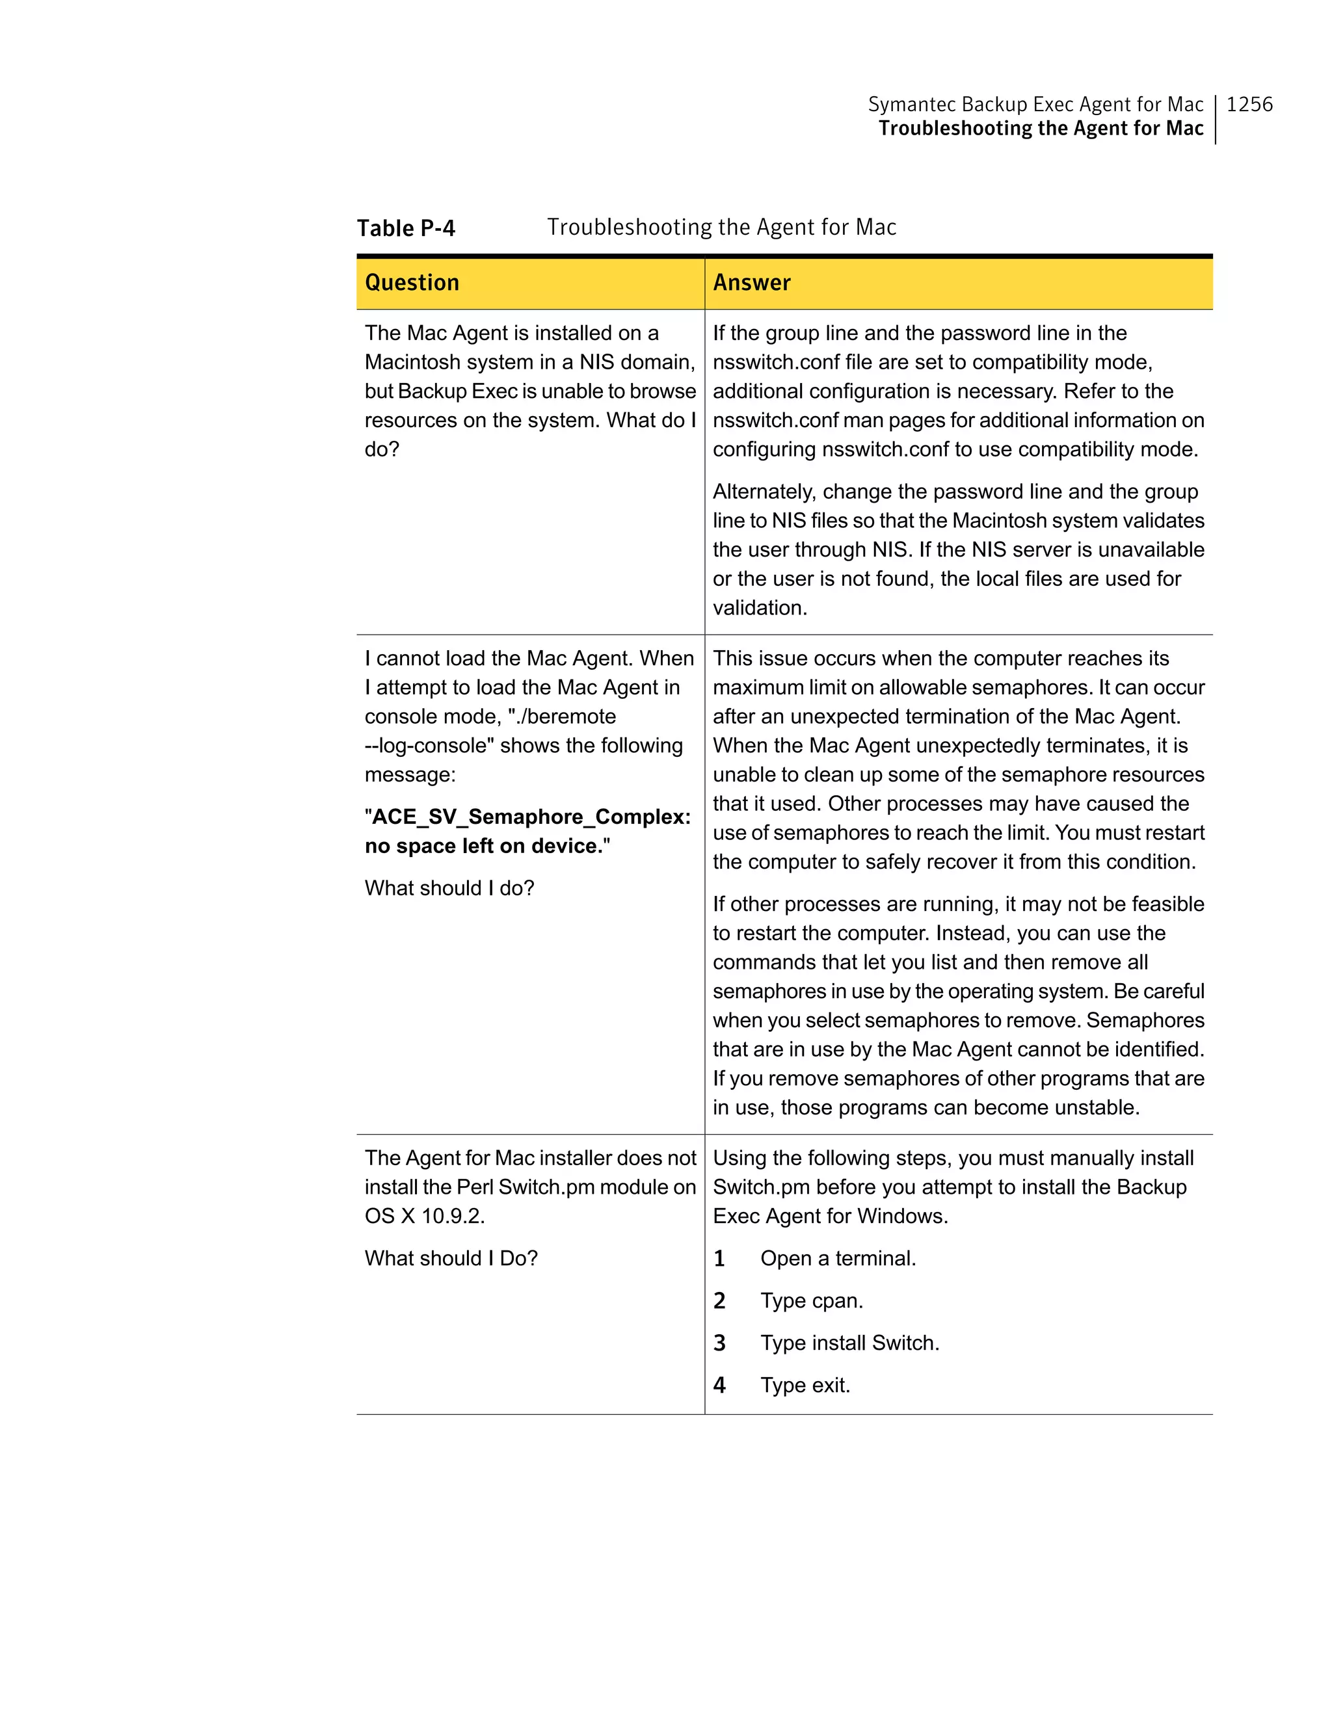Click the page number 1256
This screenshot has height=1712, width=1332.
1249,104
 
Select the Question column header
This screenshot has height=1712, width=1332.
412,283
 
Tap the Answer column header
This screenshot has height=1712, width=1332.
751,283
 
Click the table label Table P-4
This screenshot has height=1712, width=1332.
405,228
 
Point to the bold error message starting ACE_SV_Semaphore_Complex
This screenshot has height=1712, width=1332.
527,831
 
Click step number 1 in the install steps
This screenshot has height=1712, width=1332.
719,1258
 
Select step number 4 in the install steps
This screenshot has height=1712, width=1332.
719,1385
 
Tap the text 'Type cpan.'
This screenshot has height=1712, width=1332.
812,1300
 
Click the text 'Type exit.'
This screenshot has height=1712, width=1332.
805,1385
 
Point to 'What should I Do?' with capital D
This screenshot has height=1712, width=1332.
451,1258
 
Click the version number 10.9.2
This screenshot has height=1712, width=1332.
453,1216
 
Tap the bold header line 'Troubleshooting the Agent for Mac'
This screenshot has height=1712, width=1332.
1041,129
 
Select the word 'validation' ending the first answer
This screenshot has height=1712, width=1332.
758,607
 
